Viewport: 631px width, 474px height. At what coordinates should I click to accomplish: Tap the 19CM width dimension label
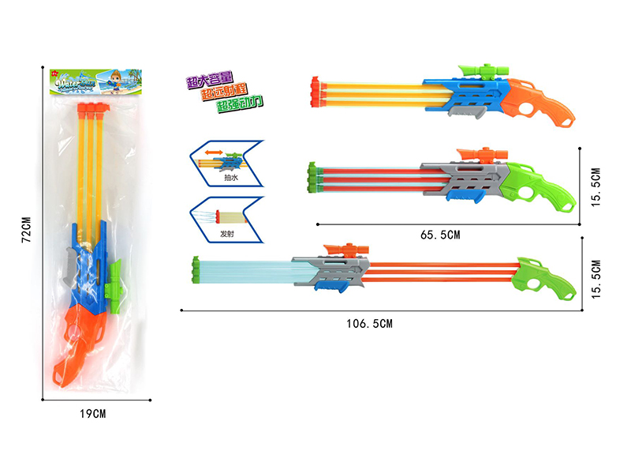click(92, 413)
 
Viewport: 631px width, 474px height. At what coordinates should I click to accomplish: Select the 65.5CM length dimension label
click(441, 235)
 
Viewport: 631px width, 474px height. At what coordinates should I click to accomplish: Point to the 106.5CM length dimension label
click(372, 322)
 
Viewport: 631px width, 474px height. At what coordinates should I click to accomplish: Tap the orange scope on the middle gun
click(476, 153)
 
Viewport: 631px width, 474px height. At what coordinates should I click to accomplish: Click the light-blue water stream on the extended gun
click(245, 271)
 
